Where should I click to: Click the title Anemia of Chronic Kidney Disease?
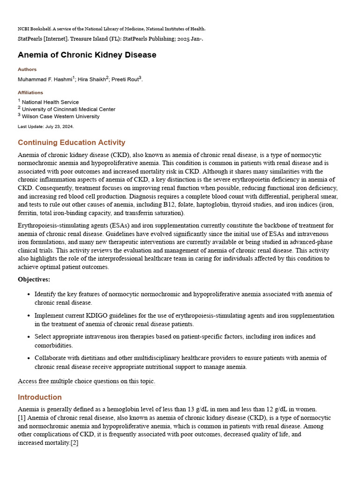click(x=87, y=55)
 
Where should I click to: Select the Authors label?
click(x=27, y=69)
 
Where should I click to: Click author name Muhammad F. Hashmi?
click(x=45, y=79)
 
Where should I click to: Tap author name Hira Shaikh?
click(x=91, y=79)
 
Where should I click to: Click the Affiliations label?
click(x=30, y=92)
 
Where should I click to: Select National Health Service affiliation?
click(x=50, y=102)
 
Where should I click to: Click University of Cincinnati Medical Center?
click(x=68, y=109)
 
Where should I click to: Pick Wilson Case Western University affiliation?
click(x=60, y=116)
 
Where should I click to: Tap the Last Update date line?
click(x=45, y=127)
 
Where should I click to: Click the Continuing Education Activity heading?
click(x=71, y=142)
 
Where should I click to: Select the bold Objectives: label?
click(x=34, y=279)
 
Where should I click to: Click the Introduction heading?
click(x=40, y=397)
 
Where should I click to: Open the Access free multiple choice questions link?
click(x=86, y=381)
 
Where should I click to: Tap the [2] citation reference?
click(x=75, y=443)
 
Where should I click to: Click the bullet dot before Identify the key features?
click(x=29, y=294)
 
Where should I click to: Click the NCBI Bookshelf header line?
click(x=112, y=29)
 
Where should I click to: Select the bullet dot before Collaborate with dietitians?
click(x=29, y=358)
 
